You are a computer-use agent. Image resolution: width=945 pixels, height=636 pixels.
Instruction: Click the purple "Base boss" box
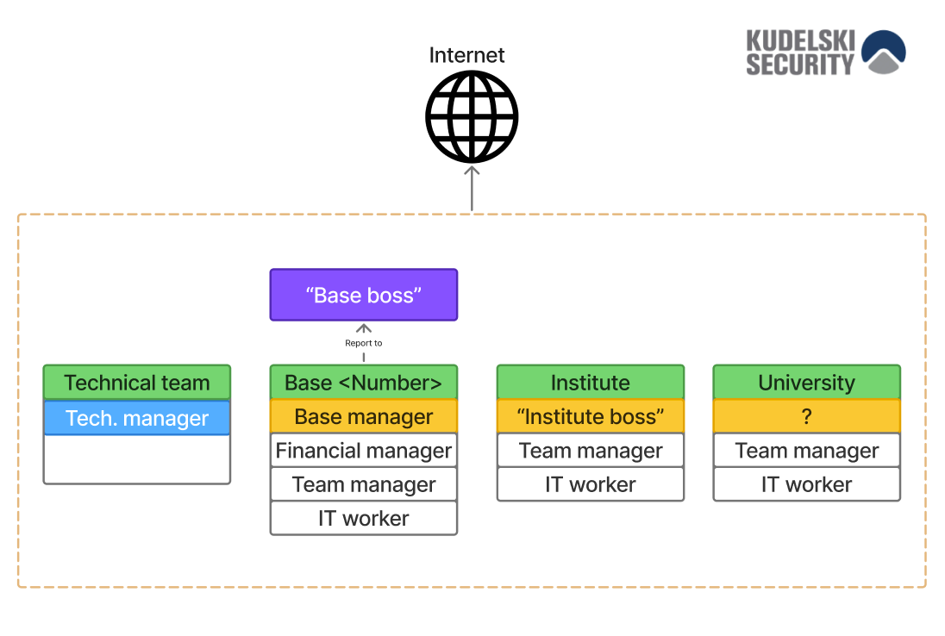pos(363,295)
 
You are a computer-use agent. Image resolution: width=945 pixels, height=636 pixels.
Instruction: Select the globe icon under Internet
pos(472,117)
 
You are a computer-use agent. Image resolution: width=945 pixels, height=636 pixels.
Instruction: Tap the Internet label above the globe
pos(466,55)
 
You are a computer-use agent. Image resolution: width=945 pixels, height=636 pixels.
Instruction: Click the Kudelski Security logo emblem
pos(884,52)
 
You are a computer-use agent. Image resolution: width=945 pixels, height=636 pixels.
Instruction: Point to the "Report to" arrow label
pos(363,343)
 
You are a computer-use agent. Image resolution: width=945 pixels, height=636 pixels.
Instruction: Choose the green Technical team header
pos(137,382)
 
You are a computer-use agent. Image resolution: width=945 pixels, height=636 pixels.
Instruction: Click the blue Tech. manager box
pos(137,417)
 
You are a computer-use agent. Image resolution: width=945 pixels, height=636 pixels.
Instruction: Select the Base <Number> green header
pos(363,382)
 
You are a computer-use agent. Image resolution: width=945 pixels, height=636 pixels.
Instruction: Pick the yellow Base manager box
pos(363,416)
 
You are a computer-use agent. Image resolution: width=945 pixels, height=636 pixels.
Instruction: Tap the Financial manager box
pos(363,450)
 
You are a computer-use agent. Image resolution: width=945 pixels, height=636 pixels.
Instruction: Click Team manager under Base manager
pos(363,484)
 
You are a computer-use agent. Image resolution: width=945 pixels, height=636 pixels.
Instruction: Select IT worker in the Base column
pos(363,518)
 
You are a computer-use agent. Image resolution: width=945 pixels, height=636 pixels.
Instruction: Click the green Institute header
pos(591,382)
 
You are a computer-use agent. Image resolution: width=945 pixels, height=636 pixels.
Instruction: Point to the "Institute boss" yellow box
pos(591,416)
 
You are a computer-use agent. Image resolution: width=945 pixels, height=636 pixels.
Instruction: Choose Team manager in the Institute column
pos(591,450)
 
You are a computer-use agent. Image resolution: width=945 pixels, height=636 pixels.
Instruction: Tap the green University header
pos(806,382)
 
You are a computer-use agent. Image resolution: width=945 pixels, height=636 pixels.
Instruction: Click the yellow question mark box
pos(806,416)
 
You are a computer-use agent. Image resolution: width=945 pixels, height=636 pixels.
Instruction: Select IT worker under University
pos(806,484)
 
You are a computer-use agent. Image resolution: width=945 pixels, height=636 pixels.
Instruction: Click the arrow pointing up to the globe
pos(472,189)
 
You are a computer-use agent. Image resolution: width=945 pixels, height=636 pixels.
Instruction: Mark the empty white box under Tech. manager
pos(137,459)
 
